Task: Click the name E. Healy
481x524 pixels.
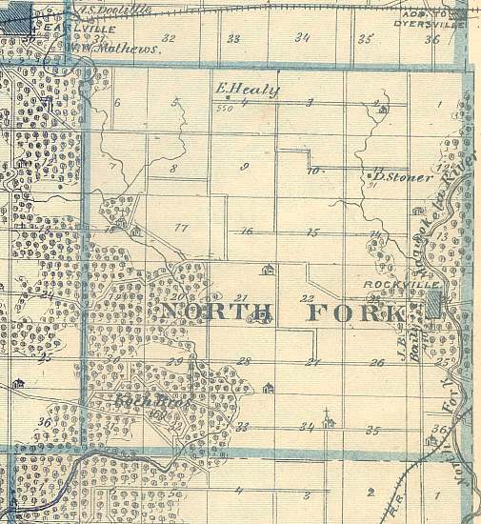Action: coord(248,91)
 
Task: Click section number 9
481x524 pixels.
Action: coord(245,167)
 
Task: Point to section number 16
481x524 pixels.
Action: coord(247,232)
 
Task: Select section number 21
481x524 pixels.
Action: coord(240,297)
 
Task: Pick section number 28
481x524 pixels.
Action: coord(244,361)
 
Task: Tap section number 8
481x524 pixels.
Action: coord(173,168)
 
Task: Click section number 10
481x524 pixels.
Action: coord(313,172)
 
